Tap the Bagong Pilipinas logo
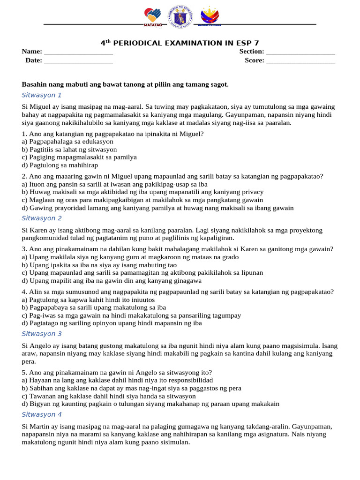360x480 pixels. [x=209, y=17]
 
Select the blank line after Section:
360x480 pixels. [x=300, y=52]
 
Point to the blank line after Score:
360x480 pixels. [x=300, y=60]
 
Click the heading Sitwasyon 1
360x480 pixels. [x=42, y=95]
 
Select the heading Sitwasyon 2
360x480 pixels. [x=42, y=218]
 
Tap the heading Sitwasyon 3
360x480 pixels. [x=42, y=334]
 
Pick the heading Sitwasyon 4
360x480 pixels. [x=42, y=415]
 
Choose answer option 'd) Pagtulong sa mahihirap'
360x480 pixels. [x=60, y=165]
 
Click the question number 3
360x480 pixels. [x=24, y=249]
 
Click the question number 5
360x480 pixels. [x=24, y=373]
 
